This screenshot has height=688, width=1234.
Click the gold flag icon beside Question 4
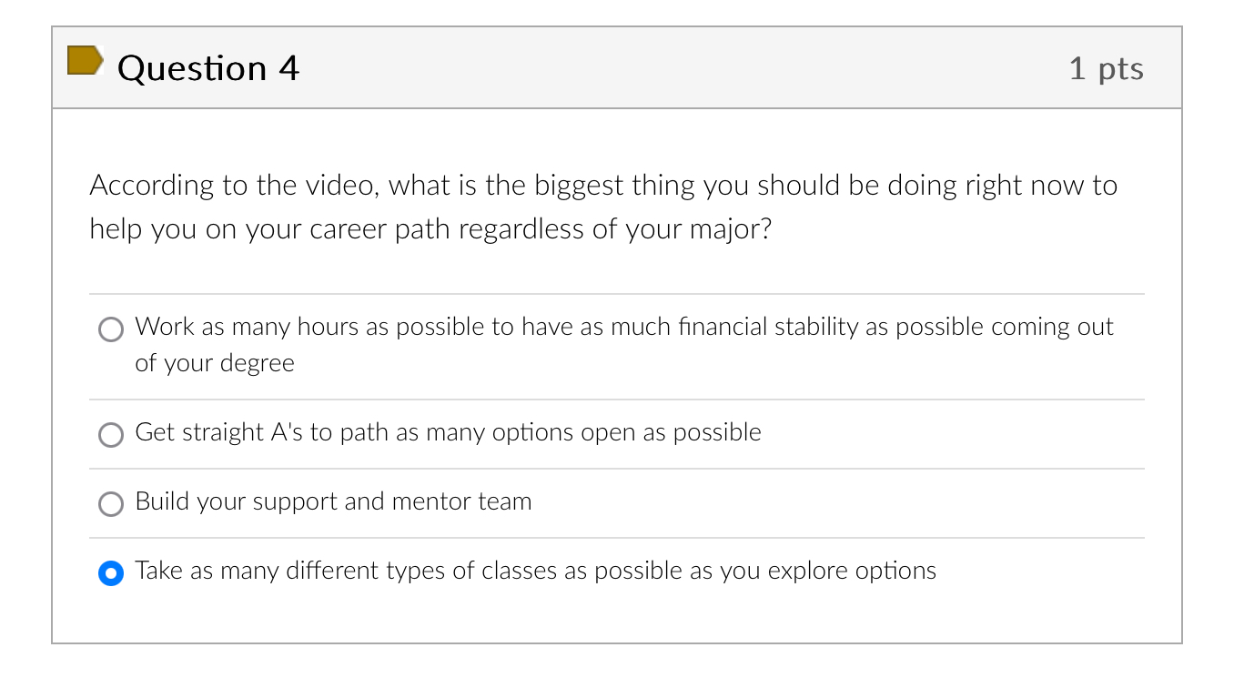[85, 60]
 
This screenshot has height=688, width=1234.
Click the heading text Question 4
[208, 68]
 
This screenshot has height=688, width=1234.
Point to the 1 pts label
[1106, 68]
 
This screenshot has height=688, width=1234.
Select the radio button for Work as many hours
[111, 329]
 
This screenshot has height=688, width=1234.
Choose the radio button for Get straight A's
[111, 435]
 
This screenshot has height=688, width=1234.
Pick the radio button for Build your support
[111, 504]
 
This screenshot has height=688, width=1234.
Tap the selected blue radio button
[111, 573]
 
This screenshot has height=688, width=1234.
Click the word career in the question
[349, 228]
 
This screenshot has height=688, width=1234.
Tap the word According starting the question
[152, 186]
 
